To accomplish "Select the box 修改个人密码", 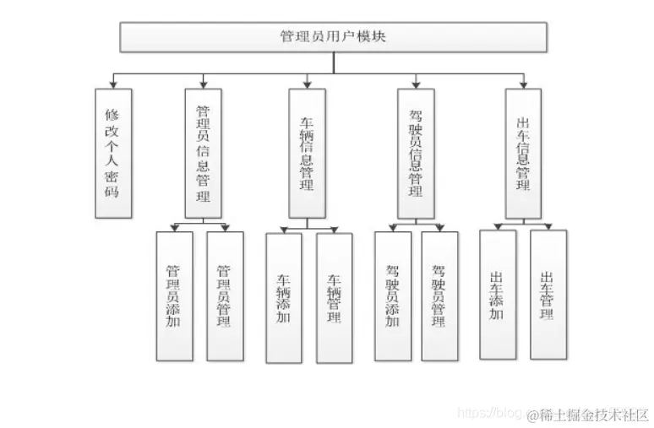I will (113, 152).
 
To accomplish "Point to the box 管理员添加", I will (173, 295).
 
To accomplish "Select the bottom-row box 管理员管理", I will (225, 295).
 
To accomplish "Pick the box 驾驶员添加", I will (392, 295).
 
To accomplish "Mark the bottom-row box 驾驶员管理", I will (439, 295).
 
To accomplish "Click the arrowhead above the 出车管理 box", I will (548, 226).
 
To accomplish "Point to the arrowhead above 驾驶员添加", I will (392, 227).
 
